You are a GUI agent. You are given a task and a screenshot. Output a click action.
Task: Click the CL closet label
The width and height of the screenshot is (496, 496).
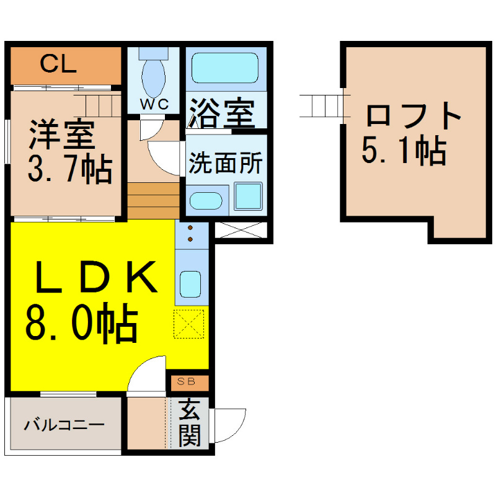pyautogui.click(x=58, y=64)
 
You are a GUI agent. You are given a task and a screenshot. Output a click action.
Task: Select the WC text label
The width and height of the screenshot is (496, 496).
pyautogui.click(x=154, y=104)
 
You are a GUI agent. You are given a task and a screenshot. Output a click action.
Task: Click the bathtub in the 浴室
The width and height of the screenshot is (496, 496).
pyautogui.click(x=225, y=68)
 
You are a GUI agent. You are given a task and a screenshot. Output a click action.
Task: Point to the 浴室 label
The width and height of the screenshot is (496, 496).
pyautogui.click(x=222, y=113)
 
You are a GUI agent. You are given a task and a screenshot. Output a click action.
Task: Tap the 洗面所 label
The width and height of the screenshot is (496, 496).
pyautogui.click(x=226, y=163)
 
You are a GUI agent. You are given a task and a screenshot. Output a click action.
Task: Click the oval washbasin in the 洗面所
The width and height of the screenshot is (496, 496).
pyautogui.click(x=206, y=200)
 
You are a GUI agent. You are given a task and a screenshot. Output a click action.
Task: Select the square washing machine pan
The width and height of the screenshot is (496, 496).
pyautogui.click(x=249, y=197)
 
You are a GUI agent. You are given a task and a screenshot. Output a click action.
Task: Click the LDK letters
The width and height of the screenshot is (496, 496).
pyautogui.click(x=97, y=277)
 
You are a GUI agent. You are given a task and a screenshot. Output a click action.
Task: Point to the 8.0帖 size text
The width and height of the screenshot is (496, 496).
pyautogui.click(x=81, y=323)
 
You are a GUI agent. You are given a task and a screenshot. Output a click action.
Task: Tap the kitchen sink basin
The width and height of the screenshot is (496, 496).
pyautogui.click(x=190, y=284)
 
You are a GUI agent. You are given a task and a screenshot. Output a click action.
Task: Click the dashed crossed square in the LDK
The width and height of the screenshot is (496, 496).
pyautogui.click(x=189, y=324)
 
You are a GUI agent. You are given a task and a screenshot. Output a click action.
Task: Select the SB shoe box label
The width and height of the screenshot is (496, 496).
pyautogui.click(x=187, y=381)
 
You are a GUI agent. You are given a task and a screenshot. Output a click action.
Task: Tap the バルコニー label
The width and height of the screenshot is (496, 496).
pyautogui.click(x=64, y=425)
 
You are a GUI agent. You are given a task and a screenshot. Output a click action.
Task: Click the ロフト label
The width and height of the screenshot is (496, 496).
pyautogui.click(x=413, y=115)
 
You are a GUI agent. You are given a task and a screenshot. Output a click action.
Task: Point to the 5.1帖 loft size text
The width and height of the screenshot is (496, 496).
pyautogui.click(x=404, y=151)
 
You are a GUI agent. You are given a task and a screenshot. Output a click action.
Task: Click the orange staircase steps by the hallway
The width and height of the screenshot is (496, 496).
pyautogui.click(x=153, y=200)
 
